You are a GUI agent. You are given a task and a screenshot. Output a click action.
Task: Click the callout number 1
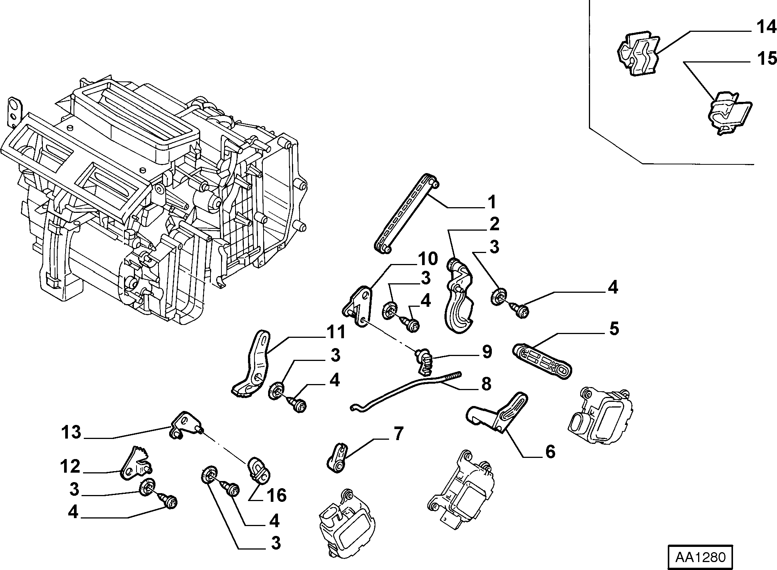click(491, 202)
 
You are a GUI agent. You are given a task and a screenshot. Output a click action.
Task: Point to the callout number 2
click(494, 224)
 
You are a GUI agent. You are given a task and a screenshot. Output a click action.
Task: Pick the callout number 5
click(614, 328)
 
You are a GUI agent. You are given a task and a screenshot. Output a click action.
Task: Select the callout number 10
click(428, 259)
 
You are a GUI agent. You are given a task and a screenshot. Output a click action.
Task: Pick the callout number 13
click(71, 432)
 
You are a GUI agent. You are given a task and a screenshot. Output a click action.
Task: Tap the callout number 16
click(276, 495)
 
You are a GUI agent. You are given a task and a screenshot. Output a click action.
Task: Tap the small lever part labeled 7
click(337, 458)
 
